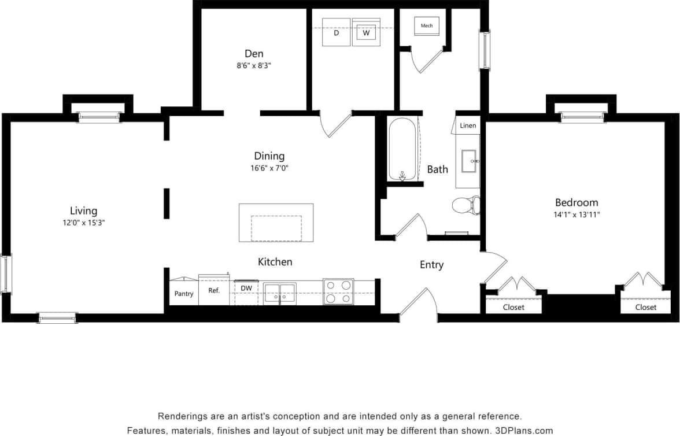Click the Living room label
coord(83,211)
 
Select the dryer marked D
coord(336,32)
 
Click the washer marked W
coord(365,32)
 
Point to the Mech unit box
coord(427,26)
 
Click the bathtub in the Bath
coord(402,149)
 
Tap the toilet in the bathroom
coord(465,205)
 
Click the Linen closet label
coord(468,125)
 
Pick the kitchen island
coord(276,223)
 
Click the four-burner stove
coord(338,291)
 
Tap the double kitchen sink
coord(279,293)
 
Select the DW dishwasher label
coord(246,288)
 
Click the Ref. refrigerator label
coord(214,291)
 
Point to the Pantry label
coord(184,294)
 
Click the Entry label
coord(431,265)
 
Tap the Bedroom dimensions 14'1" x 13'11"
coord(576,215)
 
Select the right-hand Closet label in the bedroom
coord(645,307)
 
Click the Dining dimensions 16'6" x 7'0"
coord(269,168)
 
